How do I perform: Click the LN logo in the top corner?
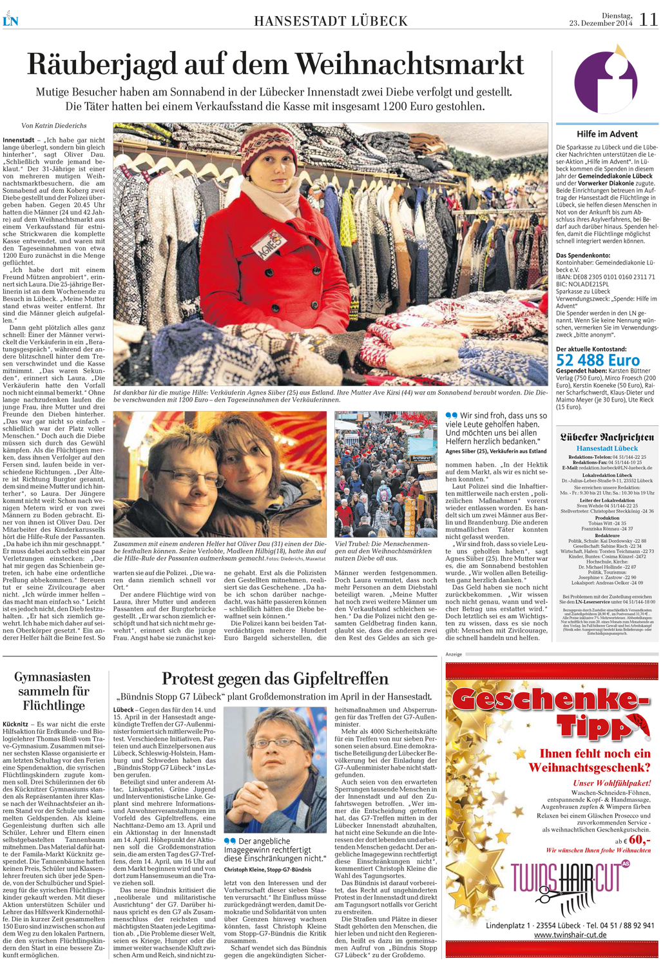10,20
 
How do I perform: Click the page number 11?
648,19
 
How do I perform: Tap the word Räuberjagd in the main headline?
102,64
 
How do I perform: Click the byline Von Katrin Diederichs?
54,126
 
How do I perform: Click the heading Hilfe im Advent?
607,134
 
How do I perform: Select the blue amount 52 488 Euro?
598,360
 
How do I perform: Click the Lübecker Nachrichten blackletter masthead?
607,437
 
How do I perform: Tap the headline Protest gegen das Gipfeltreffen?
275,678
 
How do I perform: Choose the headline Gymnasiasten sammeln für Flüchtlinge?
52,691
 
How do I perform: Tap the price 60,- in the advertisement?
639,840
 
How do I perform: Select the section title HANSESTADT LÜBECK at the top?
331,21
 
